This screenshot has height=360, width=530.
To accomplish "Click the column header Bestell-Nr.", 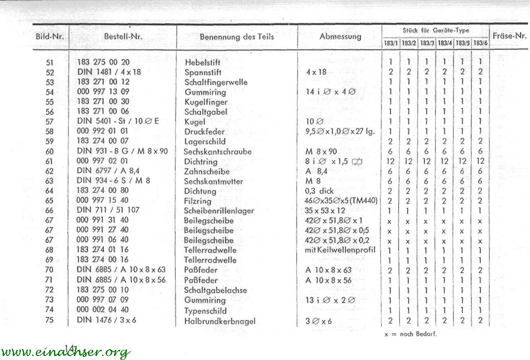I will (123, 37).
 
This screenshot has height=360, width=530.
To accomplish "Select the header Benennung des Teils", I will (236, 37).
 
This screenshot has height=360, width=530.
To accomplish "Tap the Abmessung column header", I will (340, 37).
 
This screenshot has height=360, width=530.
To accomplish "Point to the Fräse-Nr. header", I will (509, 36).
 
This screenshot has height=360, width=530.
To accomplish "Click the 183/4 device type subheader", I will (444, 43).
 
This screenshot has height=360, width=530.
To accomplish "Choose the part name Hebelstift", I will (202, 62).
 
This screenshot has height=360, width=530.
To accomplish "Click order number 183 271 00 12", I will (103, 82).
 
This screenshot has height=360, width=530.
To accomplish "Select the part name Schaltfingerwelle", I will (216, 82).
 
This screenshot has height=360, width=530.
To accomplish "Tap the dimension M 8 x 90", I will (321, 152).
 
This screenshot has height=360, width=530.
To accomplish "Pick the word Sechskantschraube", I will (217, 152).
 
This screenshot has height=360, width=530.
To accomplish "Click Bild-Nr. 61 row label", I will (49, 162).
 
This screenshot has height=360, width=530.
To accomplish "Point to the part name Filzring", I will (198, 201).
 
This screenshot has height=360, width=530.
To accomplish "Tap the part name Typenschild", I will (205, 310).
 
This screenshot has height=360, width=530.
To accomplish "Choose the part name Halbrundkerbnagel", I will (220, 321).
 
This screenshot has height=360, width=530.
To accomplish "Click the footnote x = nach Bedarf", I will (410, 334).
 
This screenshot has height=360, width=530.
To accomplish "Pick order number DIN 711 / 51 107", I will (108, 210).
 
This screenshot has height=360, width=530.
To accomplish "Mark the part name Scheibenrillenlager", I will (219, 211).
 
